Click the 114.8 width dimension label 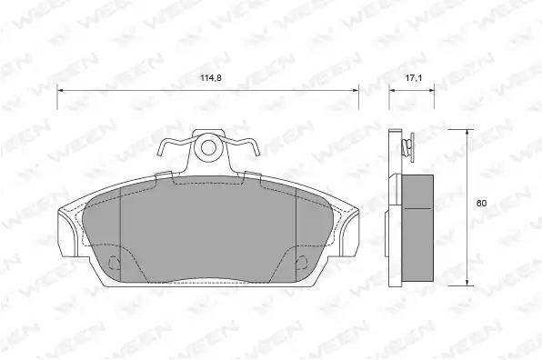(x=210, y=78)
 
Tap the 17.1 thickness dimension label (x=414, y=78)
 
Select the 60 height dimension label (x=481, y=203)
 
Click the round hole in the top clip (x=208, y=148)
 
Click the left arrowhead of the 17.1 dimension (x=392, y=91)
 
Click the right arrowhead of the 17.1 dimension (x=431, y=91)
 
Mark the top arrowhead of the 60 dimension (x=467, y=133)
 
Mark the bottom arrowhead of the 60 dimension (x=467, y=282)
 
